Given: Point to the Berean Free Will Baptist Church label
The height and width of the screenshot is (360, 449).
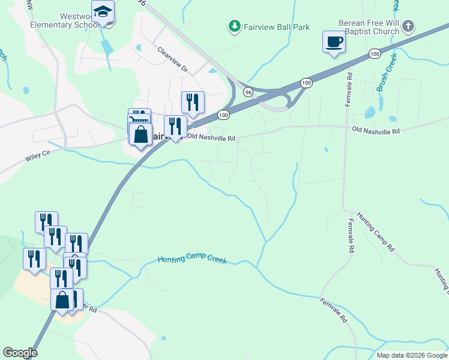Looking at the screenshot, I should pos(369,27).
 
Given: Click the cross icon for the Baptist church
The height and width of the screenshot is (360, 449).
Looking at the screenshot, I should pos(408,26).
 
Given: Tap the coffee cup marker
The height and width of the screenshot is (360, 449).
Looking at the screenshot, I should pos(334,43).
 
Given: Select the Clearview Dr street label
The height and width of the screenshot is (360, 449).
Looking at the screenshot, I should pos(173,60).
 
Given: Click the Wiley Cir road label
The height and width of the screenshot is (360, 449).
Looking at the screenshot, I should pos(39,157).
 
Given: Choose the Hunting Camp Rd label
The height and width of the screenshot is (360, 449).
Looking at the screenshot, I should pos(375,231).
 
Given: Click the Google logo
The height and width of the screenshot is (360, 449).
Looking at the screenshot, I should pos(20,353).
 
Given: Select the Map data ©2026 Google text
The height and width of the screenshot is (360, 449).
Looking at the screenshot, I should pos(411,355).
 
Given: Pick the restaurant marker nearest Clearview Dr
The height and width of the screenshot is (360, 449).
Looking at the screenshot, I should pos(193,103).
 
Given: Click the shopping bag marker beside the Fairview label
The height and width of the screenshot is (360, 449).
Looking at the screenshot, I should pos(141,135).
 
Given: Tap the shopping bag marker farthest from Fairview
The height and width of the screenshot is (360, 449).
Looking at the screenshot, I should pos(62,299).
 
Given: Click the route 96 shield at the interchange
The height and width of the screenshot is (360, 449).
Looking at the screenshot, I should pos(248,92).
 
